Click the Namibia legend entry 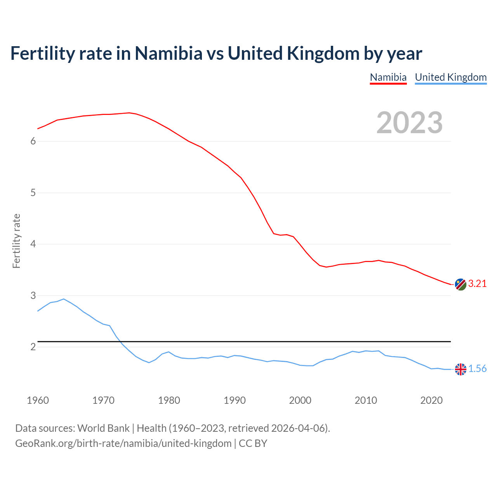click(x=388, y=77)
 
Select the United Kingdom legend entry click(x=451, y=77)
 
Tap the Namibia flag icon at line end click(x=461, y=284)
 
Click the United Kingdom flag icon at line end click(x=461, y=369)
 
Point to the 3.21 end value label click(x=477, y=284)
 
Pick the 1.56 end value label click(x=477, y=369)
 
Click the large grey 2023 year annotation click(x=410, y=123)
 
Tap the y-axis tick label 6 click(x=33, y=141)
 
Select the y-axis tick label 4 click(x=33, y=244)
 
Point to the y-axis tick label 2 click(x=33, y=347)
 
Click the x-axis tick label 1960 click(x=38, y=400)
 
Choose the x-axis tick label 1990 click(x=235, y=400)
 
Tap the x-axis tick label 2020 click(x=431, y=400)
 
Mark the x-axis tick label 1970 click(x=103, y=400)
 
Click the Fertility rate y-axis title click(x=16, y=241)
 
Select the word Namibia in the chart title click(x=169, y=54)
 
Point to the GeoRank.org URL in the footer click(x=123, y=443)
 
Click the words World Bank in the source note click(x=103, y=428)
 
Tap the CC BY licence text click(x=253, y=443)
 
